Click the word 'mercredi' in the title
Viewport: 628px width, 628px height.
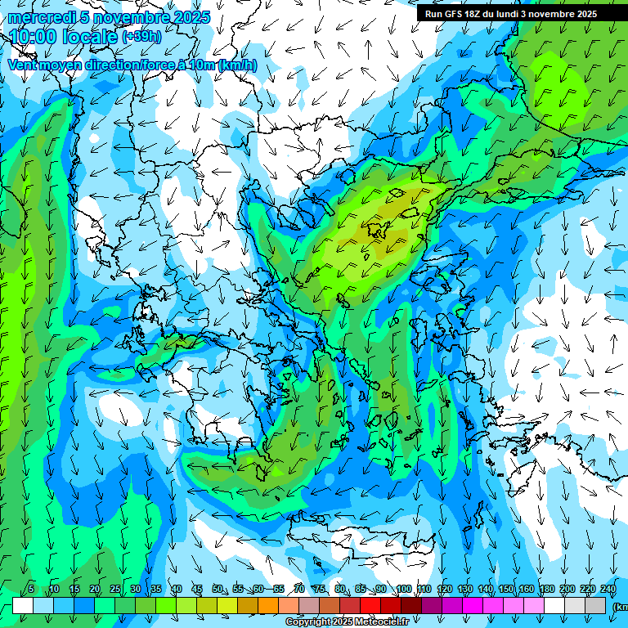coord(39,17)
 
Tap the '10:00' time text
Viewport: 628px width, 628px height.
coord(34,37)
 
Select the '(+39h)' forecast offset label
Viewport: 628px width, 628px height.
coord(141,37)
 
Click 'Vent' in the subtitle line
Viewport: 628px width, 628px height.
coord(25,65)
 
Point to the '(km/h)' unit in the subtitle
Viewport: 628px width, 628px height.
coord(237,65)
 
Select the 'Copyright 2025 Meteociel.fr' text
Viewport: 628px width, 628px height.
coord(347,622)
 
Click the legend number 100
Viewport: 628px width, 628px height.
coord(403,590)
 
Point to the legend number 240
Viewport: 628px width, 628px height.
coord(608,590)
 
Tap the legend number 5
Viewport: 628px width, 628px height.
coord(31,590)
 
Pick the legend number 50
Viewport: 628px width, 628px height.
coord(218,590)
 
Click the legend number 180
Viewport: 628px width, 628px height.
coord(546,590)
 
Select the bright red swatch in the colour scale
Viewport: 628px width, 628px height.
coord(370,605)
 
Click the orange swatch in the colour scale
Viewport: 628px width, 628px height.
coord(268,605)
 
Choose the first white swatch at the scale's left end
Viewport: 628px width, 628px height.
coord(23,605)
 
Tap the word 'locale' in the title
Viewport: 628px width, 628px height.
coord(90,37)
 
